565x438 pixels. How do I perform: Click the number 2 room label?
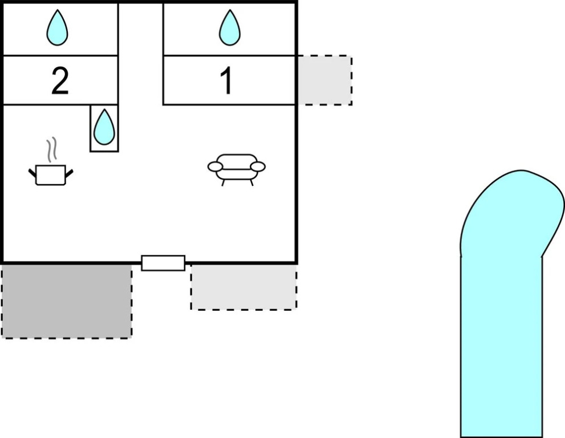pyautogui.click(x=60, y=82)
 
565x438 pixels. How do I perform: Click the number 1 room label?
pyautogui.click(x=226, y=82)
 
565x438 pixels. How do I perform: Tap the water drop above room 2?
pyautogui.click(x=57, y=28)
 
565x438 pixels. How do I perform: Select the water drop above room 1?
pyautogui.click(x=230, y=28)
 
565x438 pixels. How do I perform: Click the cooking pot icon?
pyautogui.click(x=51, y=174)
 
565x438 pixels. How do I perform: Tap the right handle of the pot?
pyautogui.click(x=70, y=172)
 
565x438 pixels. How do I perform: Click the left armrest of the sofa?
pyautogui.click(x=215, y=167)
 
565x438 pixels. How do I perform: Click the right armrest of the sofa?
pyautogui.click(x=258, y=167)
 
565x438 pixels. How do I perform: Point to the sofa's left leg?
pyautogui.click(x=222, y=182)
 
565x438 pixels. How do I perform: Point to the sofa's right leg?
pyautogui.click(x=251, y=182)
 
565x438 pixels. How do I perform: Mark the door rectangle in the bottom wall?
pyautogui.click(x=163, y=263)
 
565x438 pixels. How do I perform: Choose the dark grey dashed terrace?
pyautogui.click(x=66, y=301)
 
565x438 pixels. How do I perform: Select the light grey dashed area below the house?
pyautogui.click(x=243, y=287)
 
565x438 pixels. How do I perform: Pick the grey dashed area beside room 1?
pyautogui.click(x=324, y=80)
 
